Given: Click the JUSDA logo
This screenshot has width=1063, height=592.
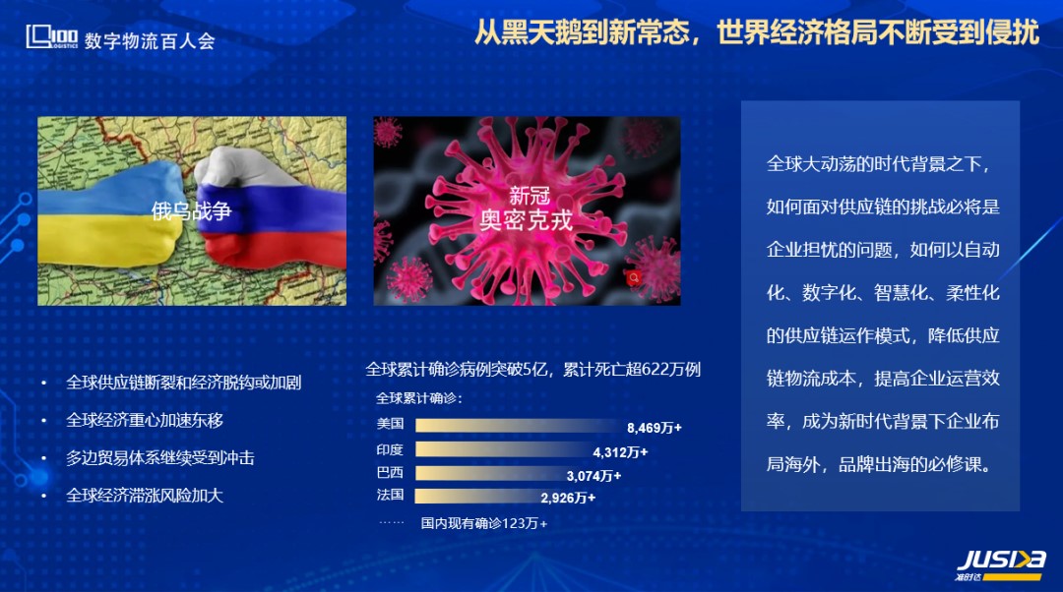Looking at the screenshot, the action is click(x=1000, y=565).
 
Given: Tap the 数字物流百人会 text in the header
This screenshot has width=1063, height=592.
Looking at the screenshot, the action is click(x=150, y=41).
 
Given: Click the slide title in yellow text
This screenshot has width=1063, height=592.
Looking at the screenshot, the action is click(x=756, y=31).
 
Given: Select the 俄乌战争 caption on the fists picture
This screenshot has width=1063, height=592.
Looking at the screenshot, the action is click(x=191, y=211).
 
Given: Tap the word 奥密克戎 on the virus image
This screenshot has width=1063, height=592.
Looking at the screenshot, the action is click(x=526, y=220).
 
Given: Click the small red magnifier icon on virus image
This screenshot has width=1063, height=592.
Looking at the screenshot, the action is click(x=634, y=277).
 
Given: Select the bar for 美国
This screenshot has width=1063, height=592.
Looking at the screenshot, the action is click(x=519, y=426).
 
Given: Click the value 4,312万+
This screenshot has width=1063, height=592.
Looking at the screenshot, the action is click(x=620, y=452).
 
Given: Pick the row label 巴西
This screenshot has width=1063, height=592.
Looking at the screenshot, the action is click(x=390, y=472).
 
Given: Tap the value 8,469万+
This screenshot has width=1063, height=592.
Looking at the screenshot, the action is click(x=655, y=428).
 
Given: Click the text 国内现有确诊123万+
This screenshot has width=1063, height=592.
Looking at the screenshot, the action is click(x=484, y=523).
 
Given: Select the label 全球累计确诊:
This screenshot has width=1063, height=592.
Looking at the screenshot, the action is click(x=419, y=398).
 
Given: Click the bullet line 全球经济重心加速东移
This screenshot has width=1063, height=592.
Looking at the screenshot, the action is click(x=145, y=421).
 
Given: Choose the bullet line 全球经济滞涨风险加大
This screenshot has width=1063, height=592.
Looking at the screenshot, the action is click(x=145, y=496).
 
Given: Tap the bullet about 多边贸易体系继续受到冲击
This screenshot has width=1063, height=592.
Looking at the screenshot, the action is click(x=160, y=458).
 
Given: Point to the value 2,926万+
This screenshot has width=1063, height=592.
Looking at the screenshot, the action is click(x=568, y=498).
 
